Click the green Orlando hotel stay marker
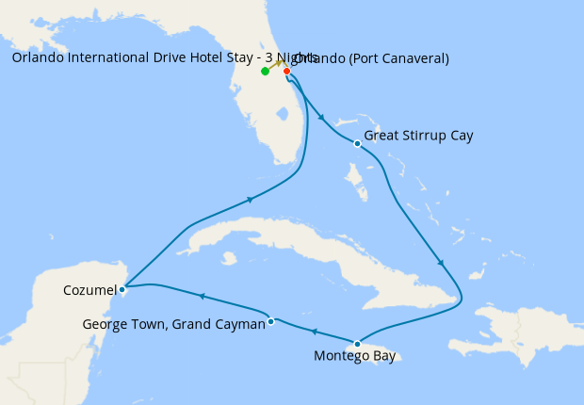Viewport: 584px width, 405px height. tap(266, 72)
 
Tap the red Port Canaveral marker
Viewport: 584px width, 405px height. tap(286, 71)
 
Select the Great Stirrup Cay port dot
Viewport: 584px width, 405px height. tap(357, 144)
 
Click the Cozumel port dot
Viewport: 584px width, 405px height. tap(122, 289)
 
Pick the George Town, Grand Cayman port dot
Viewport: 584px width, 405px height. tap(270, 321)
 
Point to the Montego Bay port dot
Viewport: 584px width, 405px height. tap(357, 344)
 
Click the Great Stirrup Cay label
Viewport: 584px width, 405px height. tap(418, 136)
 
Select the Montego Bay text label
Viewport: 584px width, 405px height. tap(355, 357)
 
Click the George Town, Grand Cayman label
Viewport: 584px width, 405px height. tap(173, 324)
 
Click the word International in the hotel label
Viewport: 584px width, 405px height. tap(105, 58)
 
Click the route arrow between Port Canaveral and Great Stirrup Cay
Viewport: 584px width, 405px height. tap(322, 118)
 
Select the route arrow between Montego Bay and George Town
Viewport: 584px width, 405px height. tap(314, 332)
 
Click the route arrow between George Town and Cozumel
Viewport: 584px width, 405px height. tap(201, 298)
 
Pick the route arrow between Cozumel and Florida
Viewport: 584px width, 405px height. tap(250, 199)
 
